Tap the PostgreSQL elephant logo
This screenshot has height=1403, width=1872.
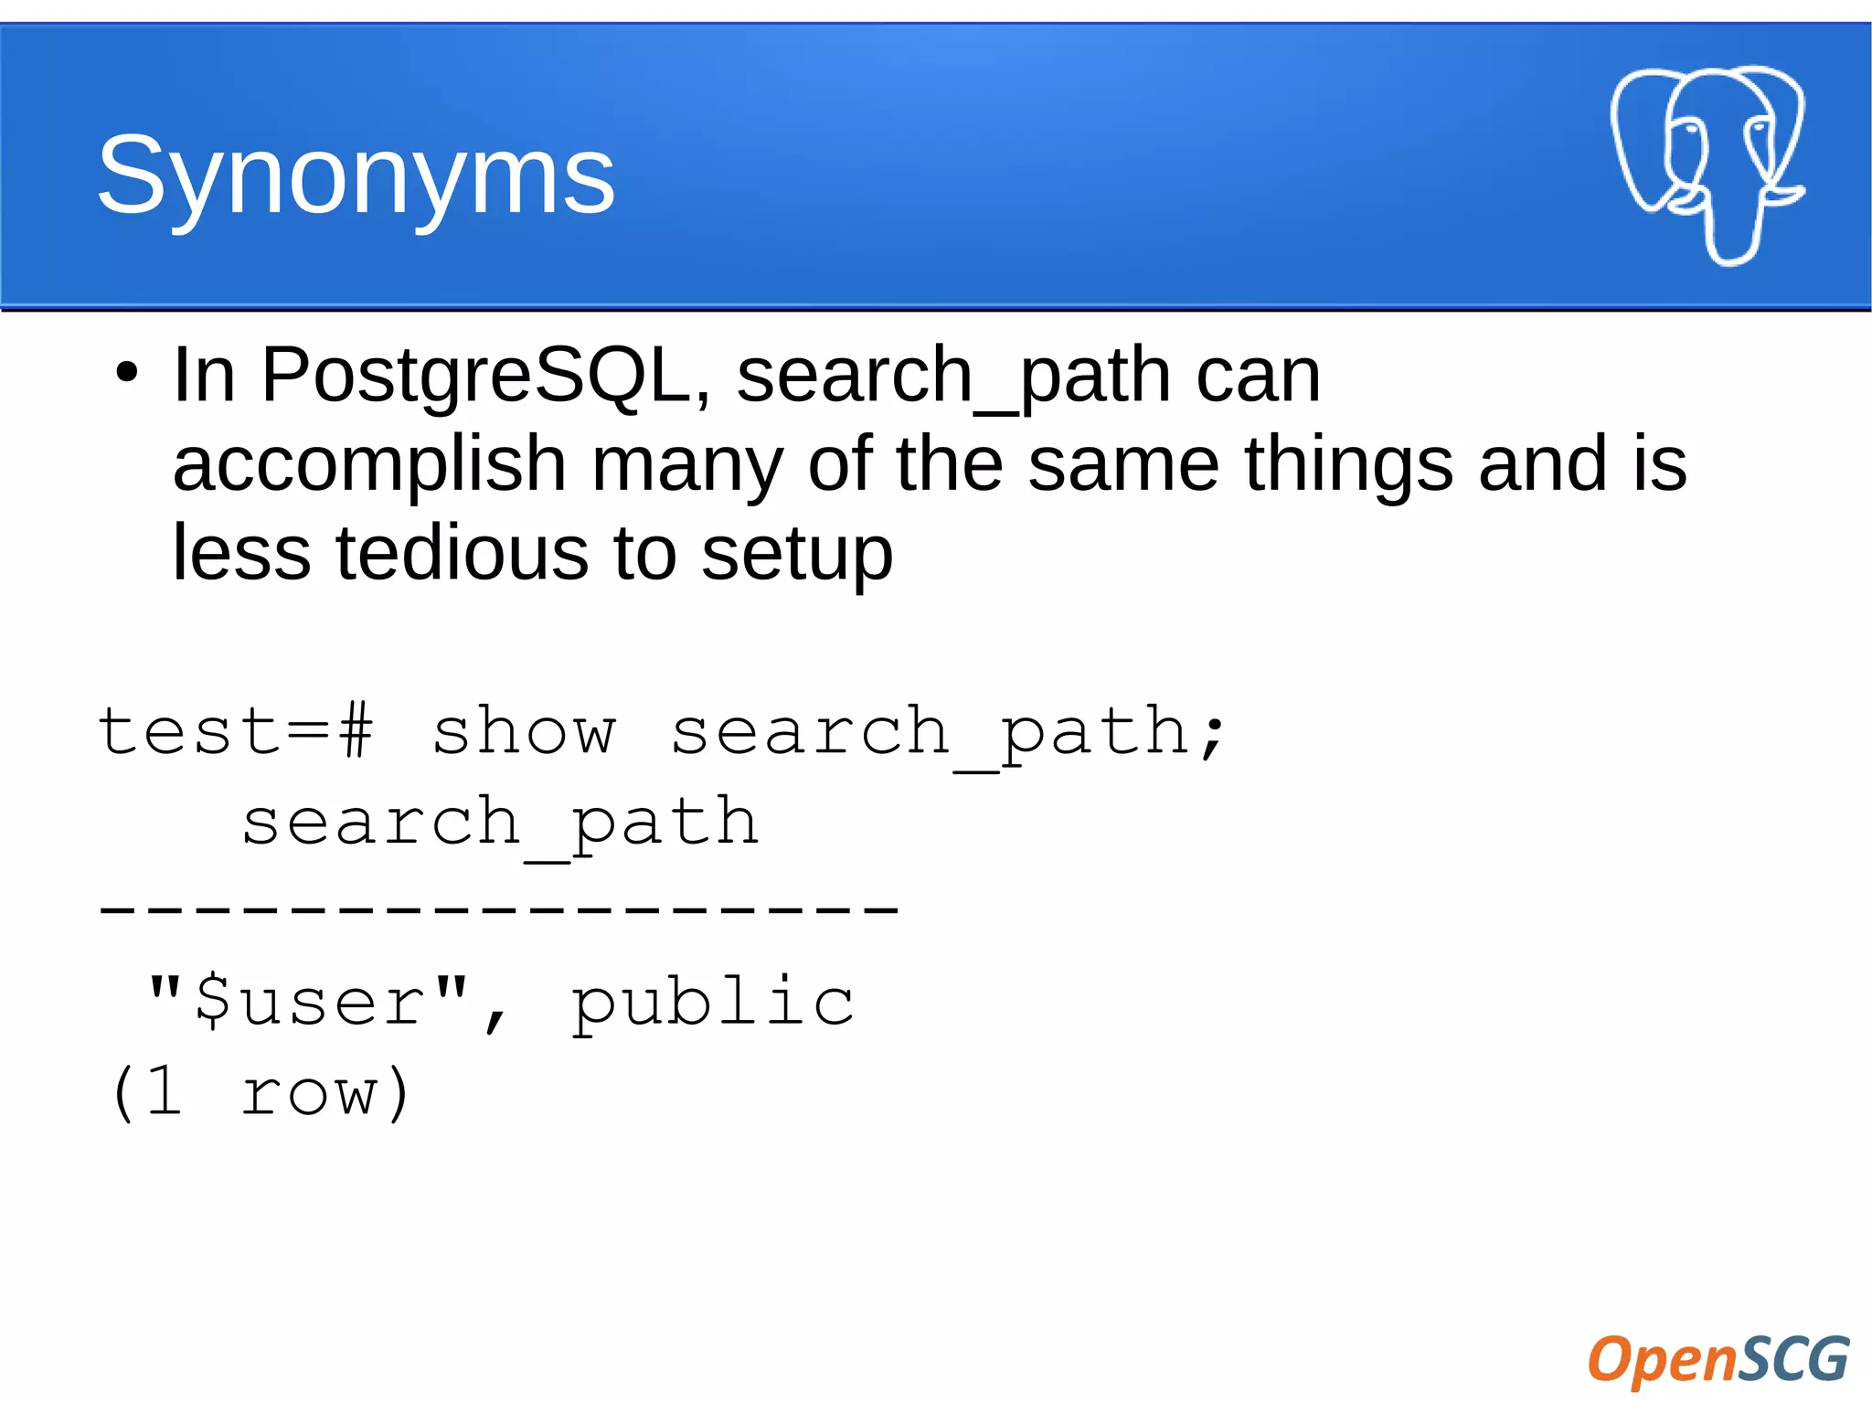click(x=1707, y=164)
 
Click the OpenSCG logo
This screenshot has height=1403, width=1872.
click(x=1718, y=1359)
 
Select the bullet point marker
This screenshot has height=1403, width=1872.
click(x=126, y=374)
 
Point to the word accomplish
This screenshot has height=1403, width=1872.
click(x=369, y=464)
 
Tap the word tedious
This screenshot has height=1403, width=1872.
click(x=463, y=553)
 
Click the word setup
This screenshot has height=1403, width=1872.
click(x=797, y=555)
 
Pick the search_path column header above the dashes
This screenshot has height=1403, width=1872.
click(x=500, y=822)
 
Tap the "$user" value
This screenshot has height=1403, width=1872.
click(x=309, y=1001)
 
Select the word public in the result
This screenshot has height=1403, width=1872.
click(x=713, y=1003)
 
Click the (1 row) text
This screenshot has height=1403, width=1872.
click(x=260, y=1091)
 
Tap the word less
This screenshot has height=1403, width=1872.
click(x=241, y=553)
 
